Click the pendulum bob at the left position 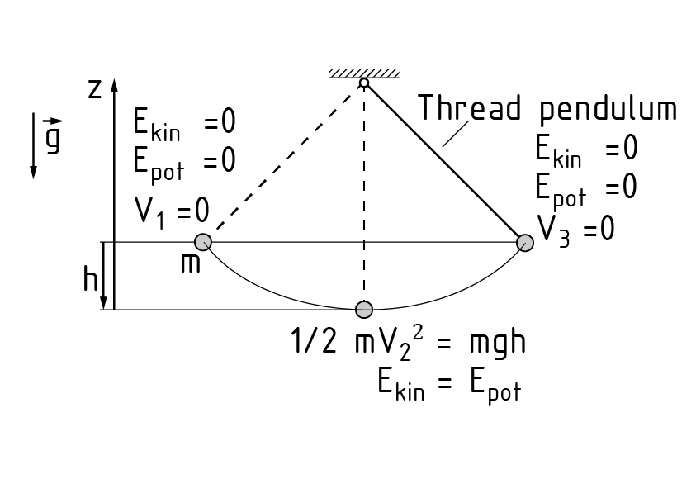[x=202, y=242]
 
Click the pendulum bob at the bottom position [x=363, y=310]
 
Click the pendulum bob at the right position [x=525, y=242]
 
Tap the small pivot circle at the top [x=363, y=83]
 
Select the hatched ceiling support [x=363, y=73]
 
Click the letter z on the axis [x=95, y=89]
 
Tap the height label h [x=90, y=281]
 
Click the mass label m [x=190, y=266]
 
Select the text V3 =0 [x=575, y=228]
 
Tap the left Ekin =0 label [x=184, y=124]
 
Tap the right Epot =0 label [x=585, y=189]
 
